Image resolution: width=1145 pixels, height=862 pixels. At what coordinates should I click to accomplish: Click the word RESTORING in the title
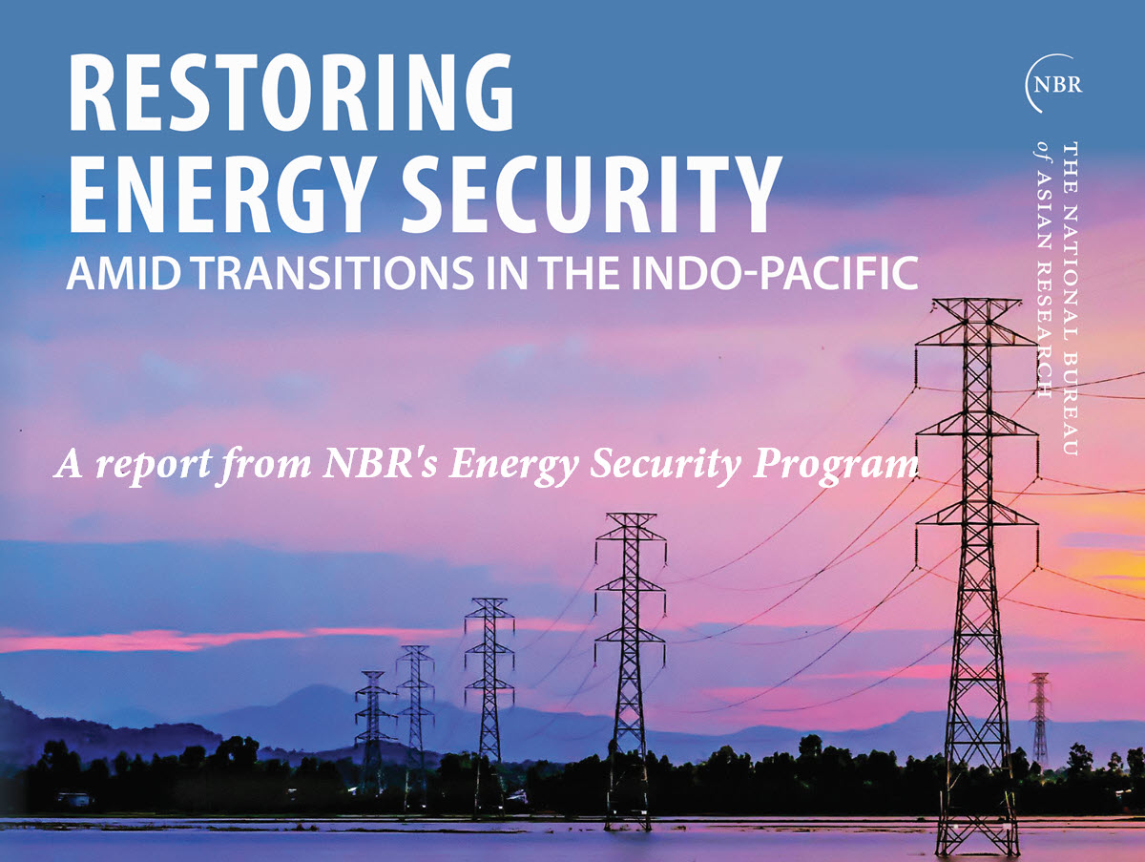(291, 93)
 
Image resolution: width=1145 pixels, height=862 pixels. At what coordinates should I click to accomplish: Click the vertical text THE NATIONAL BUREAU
(1070, 299)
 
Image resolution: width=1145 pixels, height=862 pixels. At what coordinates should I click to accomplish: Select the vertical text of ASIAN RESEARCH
(1042, 270)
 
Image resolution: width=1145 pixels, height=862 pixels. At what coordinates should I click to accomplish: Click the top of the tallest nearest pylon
(976, 301)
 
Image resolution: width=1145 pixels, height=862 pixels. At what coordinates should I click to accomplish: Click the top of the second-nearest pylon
(631, 515)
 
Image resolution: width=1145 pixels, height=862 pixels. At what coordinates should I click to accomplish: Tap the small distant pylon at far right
(1040, 719)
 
